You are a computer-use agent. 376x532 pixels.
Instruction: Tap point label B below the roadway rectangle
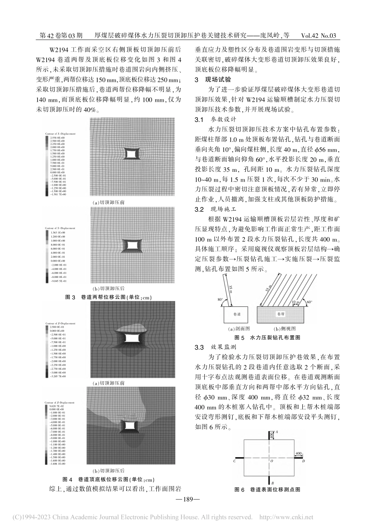[x=273, y=483]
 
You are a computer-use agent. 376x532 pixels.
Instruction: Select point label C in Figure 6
[x=235, y=461]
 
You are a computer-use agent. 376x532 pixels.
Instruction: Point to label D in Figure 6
[x=303, y=461]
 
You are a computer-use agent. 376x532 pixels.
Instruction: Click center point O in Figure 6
[x=272, y=461]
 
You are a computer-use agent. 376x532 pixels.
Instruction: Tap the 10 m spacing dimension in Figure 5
[x=295, y=302]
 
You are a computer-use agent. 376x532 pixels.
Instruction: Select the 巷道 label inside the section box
[x=237, y=313]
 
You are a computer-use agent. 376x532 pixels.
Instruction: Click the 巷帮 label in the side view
[x=281, y=313]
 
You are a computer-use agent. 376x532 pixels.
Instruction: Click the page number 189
[x=188, y=500]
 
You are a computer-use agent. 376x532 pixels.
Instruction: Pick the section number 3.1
[x=199, y=119]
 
